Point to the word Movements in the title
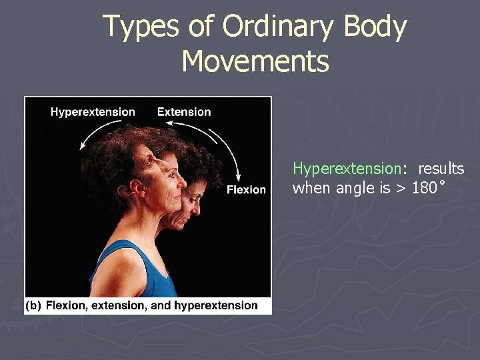click(255, 61)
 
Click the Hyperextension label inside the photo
click(93, 112)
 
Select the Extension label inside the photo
click(184, 112)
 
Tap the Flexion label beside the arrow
click(246, 190)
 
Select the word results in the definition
click(441, 169)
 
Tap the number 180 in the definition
click(424, 189)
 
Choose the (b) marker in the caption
click(33, 306)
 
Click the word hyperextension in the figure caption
click(215, 306)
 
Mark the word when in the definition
click(311, 189)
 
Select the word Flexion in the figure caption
click(65, 306)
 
